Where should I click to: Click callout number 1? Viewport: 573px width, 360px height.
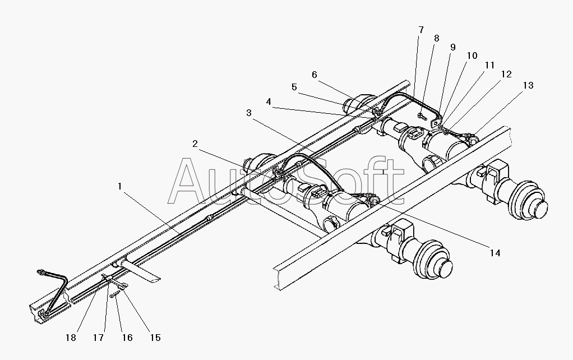[119, 186]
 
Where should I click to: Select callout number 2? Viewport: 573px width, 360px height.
[195, 144]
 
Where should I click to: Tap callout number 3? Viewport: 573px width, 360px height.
[249, 113]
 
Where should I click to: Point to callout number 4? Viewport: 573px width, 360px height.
[269, 101]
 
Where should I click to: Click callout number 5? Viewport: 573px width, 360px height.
[294, 87]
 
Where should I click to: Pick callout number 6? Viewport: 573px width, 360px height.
[315, 75]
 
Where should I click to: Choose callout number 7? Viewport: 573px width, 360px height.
[421, 30]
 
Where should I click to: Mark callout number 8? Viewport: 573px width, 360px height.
[437, 38]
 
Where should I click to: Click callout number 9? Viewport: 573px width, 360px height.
[453, 47]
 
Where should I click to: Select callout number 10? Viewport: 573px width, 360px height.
[472, 56]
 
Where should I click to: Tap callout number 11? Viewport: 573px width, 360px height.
[489, 66]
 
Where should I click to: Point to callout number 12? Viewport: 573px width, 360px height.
[506, 75]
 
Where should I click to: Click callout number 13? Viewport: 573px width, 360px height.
[528, 86]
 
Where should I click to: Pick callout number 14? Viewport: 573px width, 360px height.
[495, 253]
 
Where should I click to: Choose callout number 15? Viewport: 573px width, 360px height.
[155, 338]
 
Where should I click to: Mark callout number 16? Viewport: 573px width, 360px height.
[127, 338]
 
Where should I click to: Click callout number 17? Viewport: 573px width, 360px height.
[98, 338]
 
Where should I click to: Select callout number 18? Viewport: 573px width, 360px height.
[71, 338]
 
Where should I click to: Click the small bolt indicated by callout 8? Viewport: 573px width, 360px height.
[422, 117]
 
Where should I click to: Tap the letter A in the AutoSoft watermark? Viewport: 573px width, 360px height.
[192, 182]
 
